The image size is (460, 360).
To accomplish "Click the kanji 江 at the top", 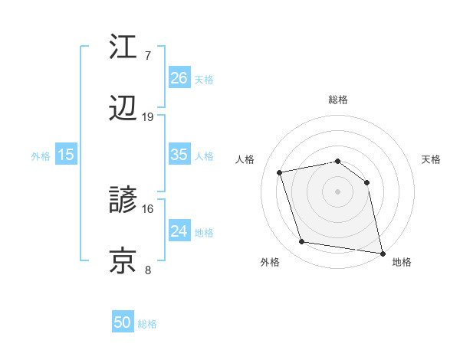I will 124,47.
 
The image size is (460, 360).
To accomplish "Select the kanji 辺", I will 124,110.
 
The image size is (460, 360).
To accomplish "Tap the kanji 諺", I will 124,201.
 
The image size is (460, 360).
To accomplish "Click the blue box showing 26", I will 179,78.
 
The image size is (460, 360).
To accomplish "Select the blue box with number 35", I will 179,155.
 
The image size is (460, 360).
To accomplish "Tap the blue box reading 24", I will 179,231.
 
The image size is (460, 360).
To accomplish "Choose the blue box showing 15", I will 66,155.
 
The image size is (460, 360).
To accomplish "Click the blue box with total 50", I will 123,323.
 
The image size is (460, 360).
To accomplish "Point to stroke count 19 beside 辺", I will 148,117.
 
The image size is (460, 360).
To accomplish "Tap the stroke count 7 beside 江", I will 148,56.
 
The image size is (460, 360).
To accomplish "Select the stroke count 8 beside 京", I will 148,270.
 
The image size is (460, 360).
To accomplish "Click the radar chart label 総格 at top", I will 338,100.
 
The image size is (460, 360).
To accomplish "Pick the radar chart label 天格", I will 432,159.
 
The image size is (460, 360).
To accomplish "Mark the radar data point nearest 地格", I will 381,252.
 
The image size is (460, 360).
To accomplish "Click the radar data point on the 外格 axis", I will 302,242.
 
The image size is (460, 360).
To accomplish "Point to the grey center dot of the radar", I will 338,191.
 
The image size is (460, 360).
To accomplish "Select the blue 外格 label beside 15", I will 41,155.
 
